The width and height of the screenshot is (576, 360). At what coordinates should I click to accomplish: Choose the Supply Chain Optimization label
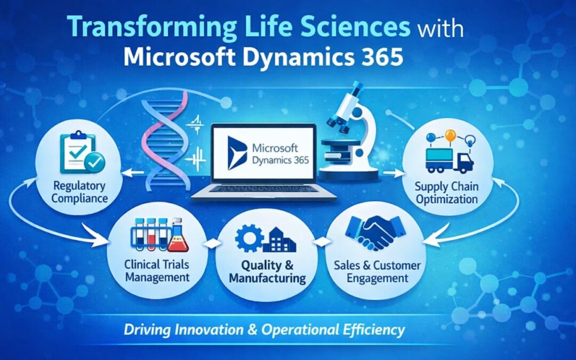[x=447, y=194]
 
